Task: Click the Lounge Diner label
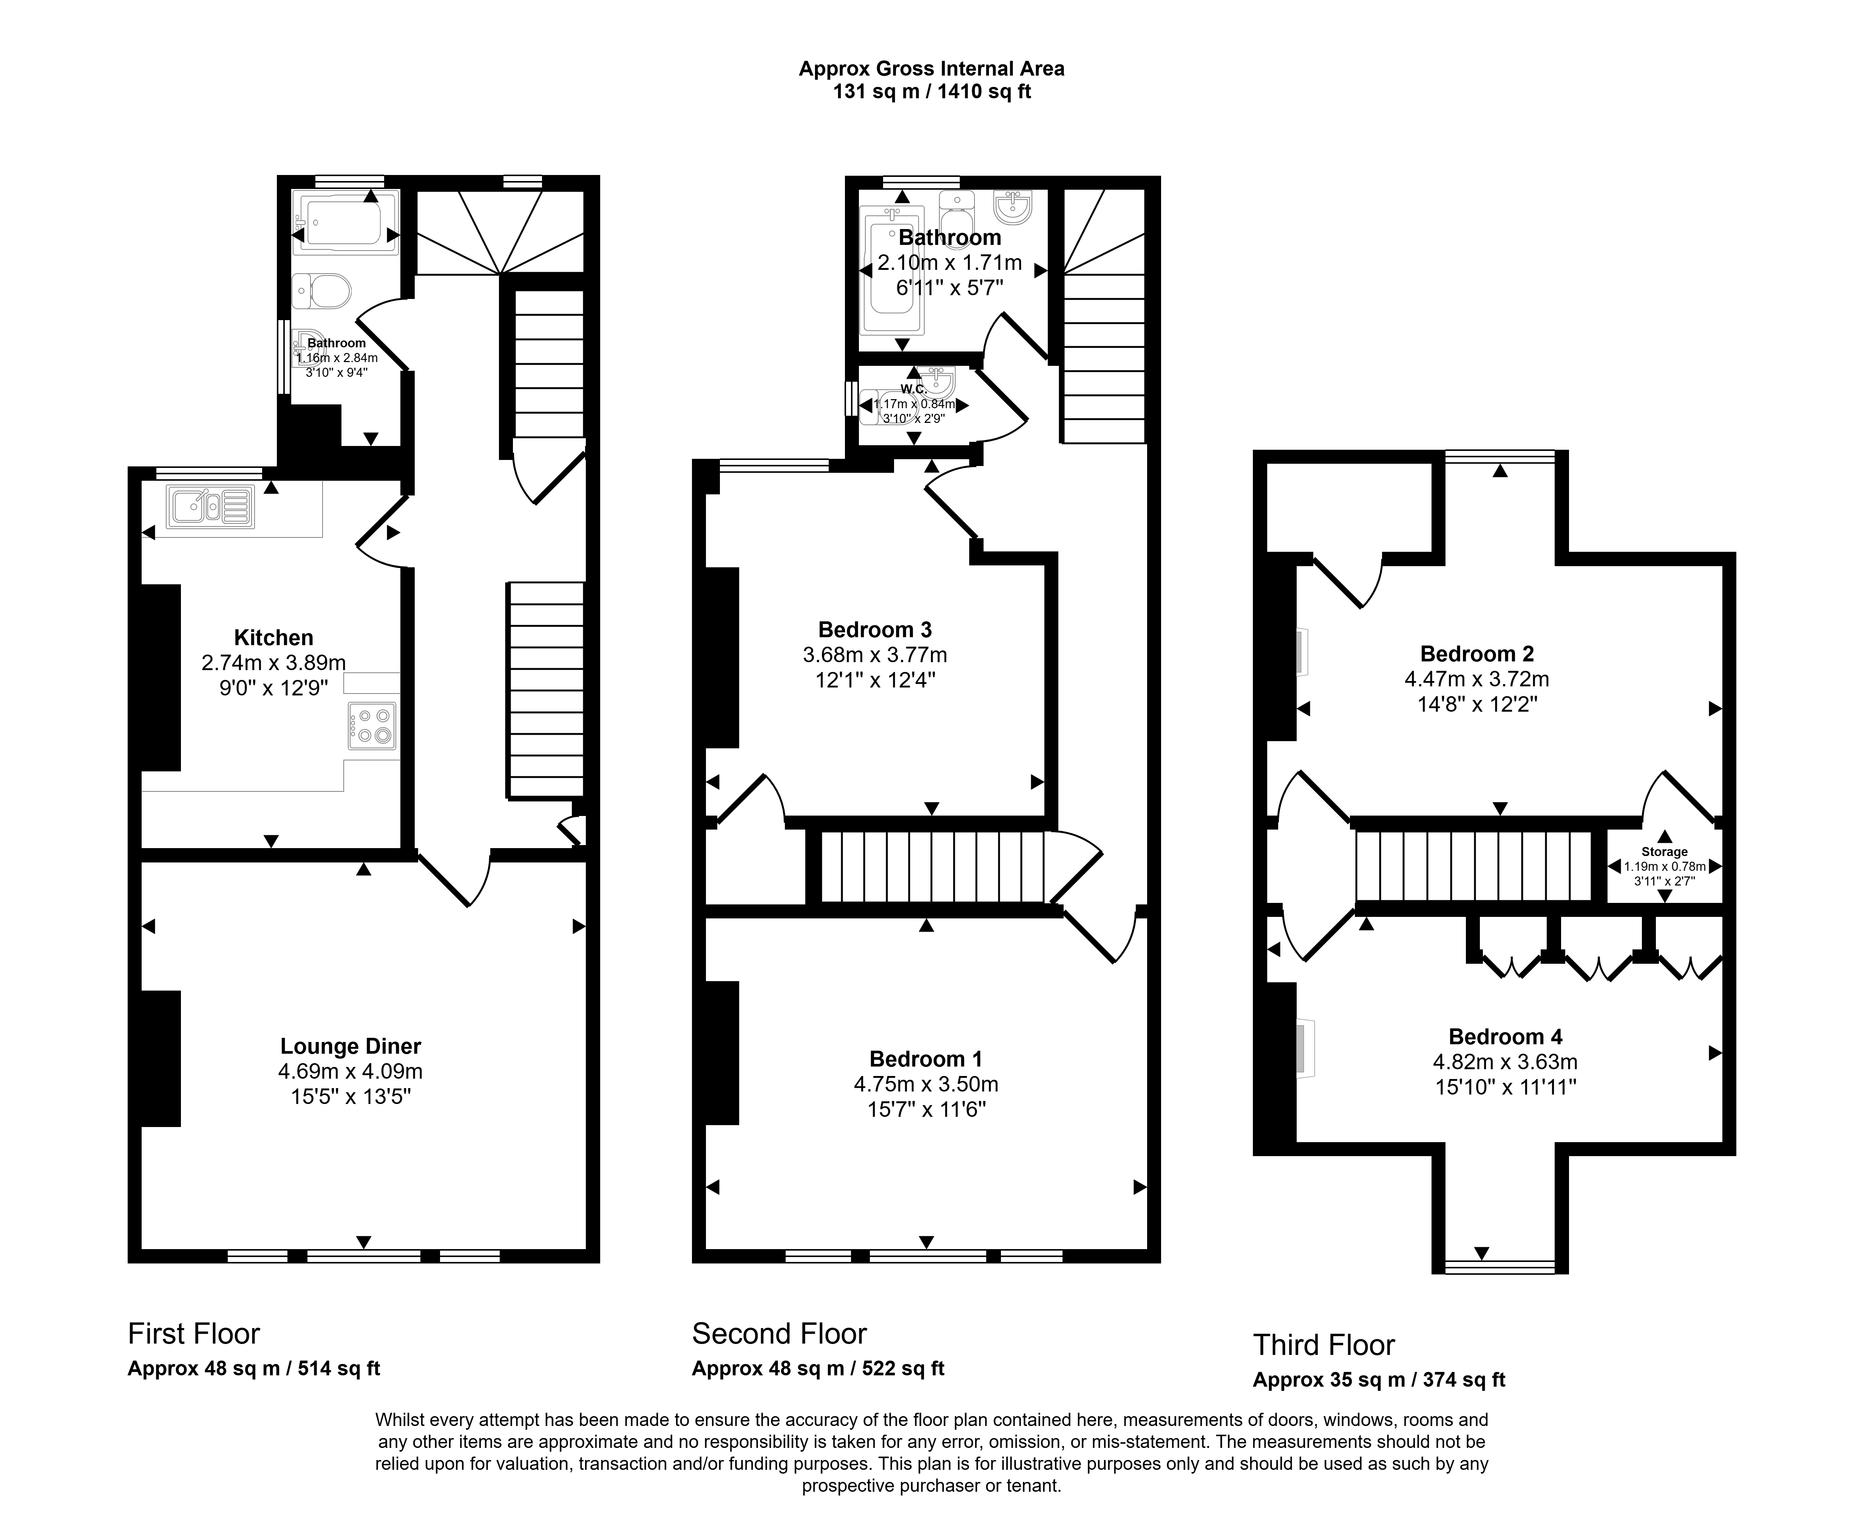click(x=350, y=1046)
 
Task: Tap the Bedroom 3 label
click(x=874, y=630)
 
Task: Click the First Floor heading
click(x=194, y=1333)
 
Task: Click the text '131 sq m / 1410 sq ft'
click(x=931, y=91)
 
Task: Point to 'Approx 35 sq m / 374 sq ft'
click(x=1379, y=1380)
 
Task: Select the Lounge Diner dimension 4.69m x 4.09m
click(x=350, y=1072)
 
